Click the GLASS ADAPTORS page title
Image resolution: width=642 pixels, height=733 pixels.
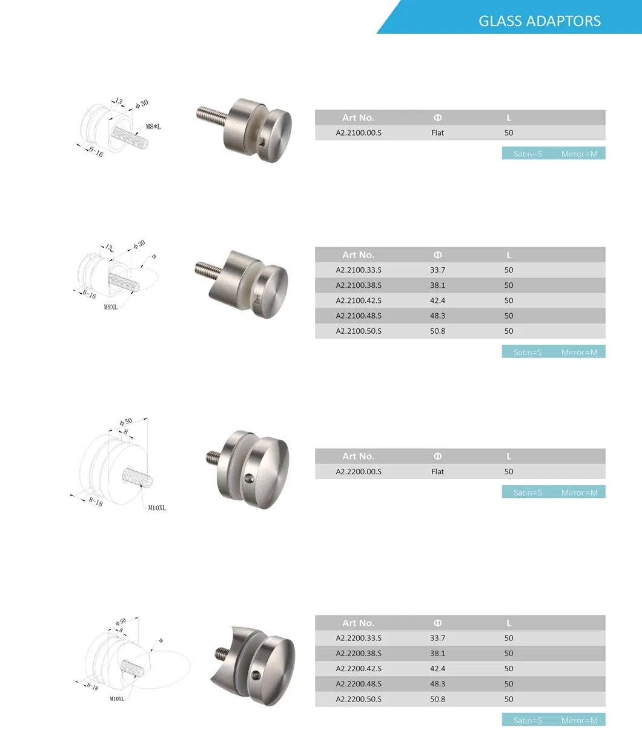coord(539,21)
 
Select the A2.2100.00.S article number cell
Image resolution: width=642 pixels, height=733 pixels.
coord(359,133)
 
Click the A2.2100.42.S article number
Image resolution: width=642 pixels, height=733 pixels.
coord(359,300)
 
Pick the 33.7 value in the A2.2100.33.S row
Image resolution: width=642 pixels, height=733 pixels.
coord(437,270)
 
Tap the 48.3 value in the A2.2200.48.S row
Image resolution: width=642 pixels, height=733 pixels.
coord(437,684)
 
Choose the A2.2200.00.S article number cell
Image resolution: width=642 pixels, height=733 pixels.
coord(359,472)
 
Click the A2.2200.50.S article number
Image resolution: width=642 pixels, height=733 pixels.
coord(359,699)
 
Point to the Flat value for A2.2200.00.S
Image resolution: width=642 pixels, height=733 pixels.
coord(437,472)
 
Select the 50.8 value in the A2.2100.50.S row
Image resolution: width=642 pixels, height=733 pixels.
coord(437,331)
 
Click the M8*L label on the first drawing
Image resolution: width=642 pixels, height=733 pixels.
coord(153,127)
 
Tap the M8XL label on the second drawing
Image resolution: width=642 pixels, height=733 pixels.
coord(111,307)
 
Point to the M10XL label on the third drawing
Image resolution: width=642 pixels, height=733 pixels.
coord(157,508)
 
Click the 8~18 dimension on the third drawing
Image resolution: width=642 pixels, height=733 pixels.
coord(95,501)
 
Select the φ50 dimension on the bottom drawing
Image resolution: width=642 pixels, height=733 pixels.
coord(121,622)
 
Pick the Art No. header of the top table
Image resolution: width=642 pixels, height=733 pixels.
coord(359,118)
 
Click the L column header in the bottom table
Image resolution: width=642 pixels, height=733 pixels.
coord(508,623)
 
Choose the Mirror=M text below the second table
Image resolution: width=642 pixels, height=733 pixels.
coord(579,352)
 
